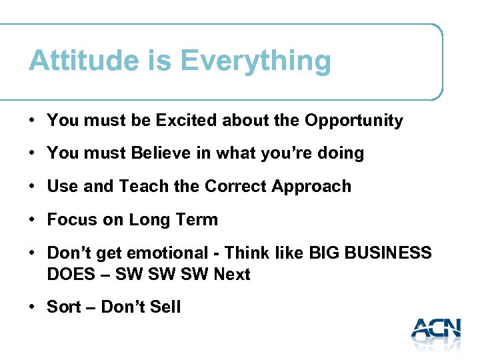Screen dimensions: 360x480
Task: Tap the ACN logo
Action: point(436,331)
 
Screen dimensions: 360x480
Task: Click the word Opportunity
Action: point(353,121)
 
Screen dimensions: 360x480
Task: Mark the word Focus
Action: point(71,219)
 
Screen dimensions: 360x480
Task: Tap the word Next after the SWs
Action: point(231,274)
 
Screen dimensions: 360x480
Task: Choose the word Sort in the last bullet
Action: point(62,307)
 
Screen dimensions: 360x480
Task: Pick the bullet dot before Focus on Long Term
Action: point(32,220)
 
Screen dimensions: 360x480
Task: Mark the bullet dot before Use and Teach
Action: point(32,187)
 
